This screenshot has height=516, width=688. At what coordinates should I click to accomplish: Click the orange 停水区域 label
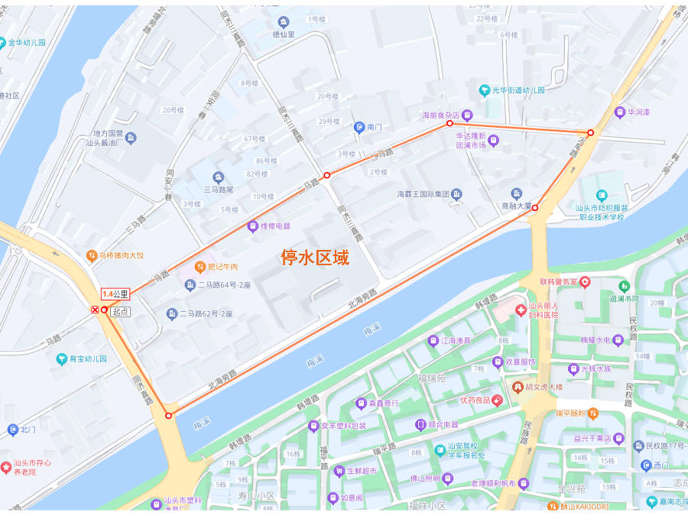pyautogui.click(x=314, y=258)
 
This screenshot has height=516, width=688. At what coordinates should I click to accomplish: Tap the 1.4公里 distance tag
pyautogui.click(x=115, y=294)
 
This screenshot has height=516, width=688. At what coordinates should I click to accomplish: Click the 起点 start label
pyautogui.click(x=120, y=312)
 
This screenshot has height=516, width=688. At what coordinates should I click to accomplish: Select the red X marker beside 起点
pyautogui.click(x=95, y=310)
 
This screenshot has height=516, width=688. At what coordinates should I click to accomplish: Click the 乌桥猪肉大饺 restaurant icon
pyautogui.click(x=91, y=255)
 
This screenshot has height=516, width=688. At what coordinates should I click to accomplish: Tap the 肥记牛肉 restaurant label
pyautogui.click(x=222, y=267)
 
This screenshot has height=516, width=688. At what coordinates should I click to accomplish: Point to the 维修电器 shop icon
pyautogui.click(x=252, y=226)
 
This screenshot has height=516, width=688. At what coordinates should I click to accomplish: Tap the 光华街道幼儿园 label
pyautogui.click(x=518, y=90)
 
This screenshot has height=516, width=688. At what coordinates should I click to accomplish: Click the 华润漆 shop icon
pyautogui.click(x=620, y=112)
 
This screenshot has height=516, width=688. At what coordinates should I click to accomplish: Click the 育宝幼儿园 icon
pyautogui.click(x=61, y=358)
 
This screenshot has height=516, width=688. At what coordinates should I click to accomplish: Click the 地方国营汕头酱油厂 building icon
pyautogui.click(x=131, y=138)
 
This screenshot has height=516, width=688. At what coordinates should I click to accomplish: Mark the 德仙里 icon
pyautogui.click(x=284, y=22)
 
